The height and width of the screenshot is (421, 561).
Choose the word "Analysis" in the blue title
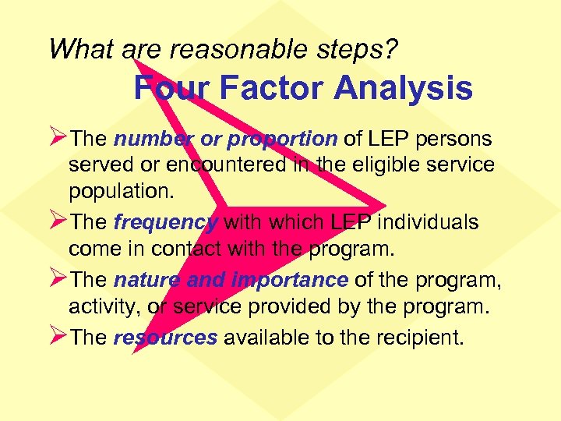tap(403, 88)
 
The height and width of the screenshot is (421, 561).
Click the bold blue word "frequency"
tap(166, 223)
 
